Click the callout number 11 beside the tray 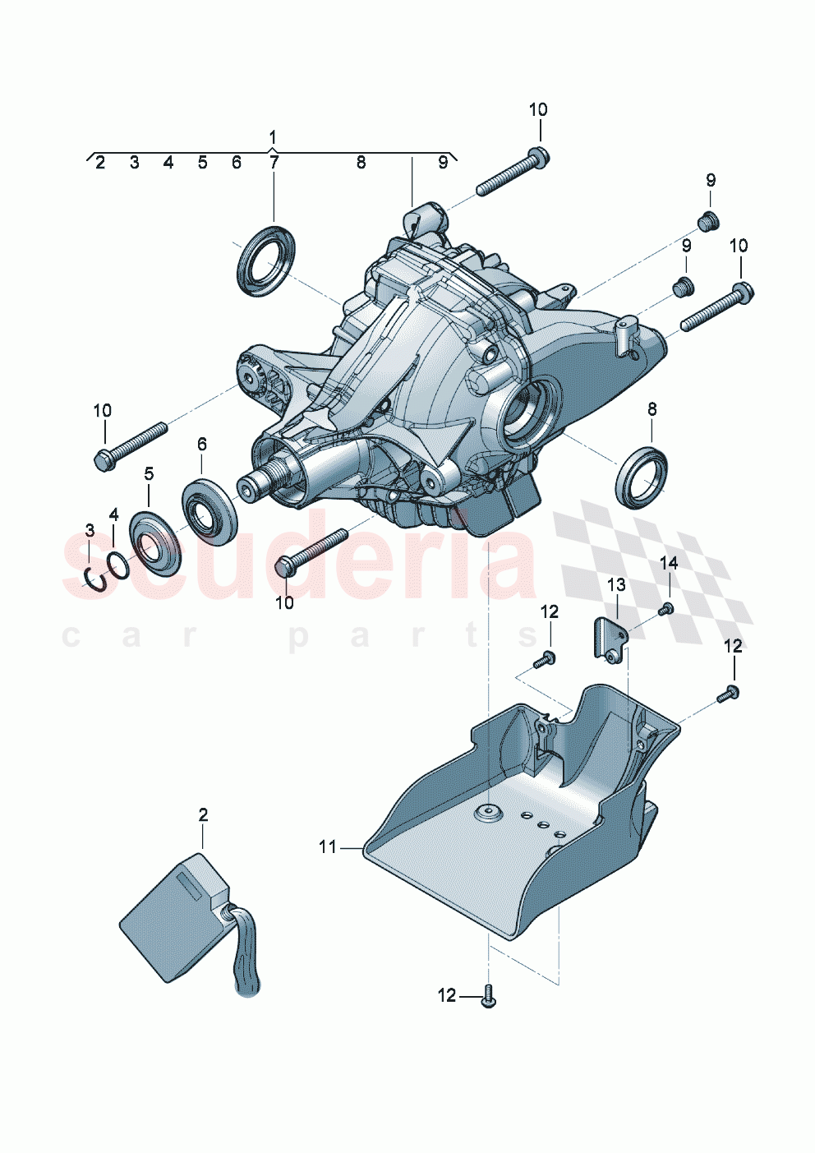tap(328, 846)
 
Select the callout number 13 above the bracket tap(616, 584)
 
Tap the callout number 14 tap(669, 563)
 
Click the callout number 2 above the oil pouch tap(203, 814)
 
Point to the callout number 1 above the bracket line tap(273, 136)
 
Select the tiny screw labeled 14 tap(667, 609)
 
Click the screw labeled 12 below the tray tap(490, 996)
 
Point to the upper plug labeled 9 tap(708, 219)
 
